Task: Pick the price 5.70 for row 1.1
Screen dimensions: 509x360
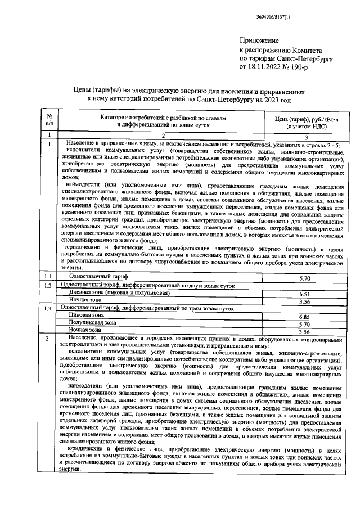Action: pos(305,278)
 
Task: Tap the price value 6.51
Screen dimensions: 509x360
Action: pos(305,294)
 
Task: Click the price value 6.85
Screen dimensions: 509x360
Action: pos(305,317)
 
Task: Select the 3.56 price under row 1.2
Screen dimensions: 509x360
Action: pos(305,301)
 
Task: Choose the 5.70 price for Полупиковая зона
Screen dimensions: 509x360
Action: pos(305,325)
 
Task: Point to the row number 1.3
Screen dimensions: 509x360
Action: pos(48,309)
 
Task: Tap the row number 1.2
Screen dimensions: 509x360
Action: pos(48,286)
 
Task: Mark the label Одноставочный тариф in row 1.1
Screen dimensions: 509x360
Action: pos(98,278)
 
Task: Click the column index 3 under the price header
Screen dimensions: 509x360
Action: pos(305,137)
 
